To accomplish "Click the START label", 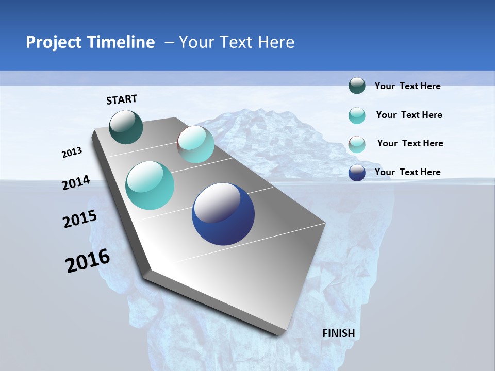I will coord(122,99).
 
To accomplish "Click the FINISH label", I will coord(338,333).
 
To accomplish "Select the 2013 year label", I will coord(72,152).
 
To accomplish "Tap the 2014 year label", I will coord(76,182).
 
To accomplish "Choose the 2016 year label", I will coord(88,261).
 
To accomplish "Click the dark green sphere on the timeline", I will coord(126,127).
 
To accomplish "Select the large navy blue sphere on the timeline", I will coord(223,214).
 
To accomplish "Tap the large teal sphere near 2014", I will coord(150,185).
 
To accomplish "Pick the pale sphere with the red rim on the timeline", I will coord(195,144).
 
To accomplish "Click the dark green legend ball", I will coord(357,86).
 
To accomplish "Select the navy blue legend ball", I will coord(357,173).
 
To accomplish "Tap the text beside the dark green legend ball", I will coord(407,86).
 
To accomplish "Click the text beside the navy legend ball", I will coord(407,172).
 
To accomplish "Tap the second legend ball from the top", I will coord(357,115).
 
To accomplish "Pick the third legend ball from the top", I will coord(357,144).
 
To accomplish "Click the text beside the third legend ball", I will coord(410,143).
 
